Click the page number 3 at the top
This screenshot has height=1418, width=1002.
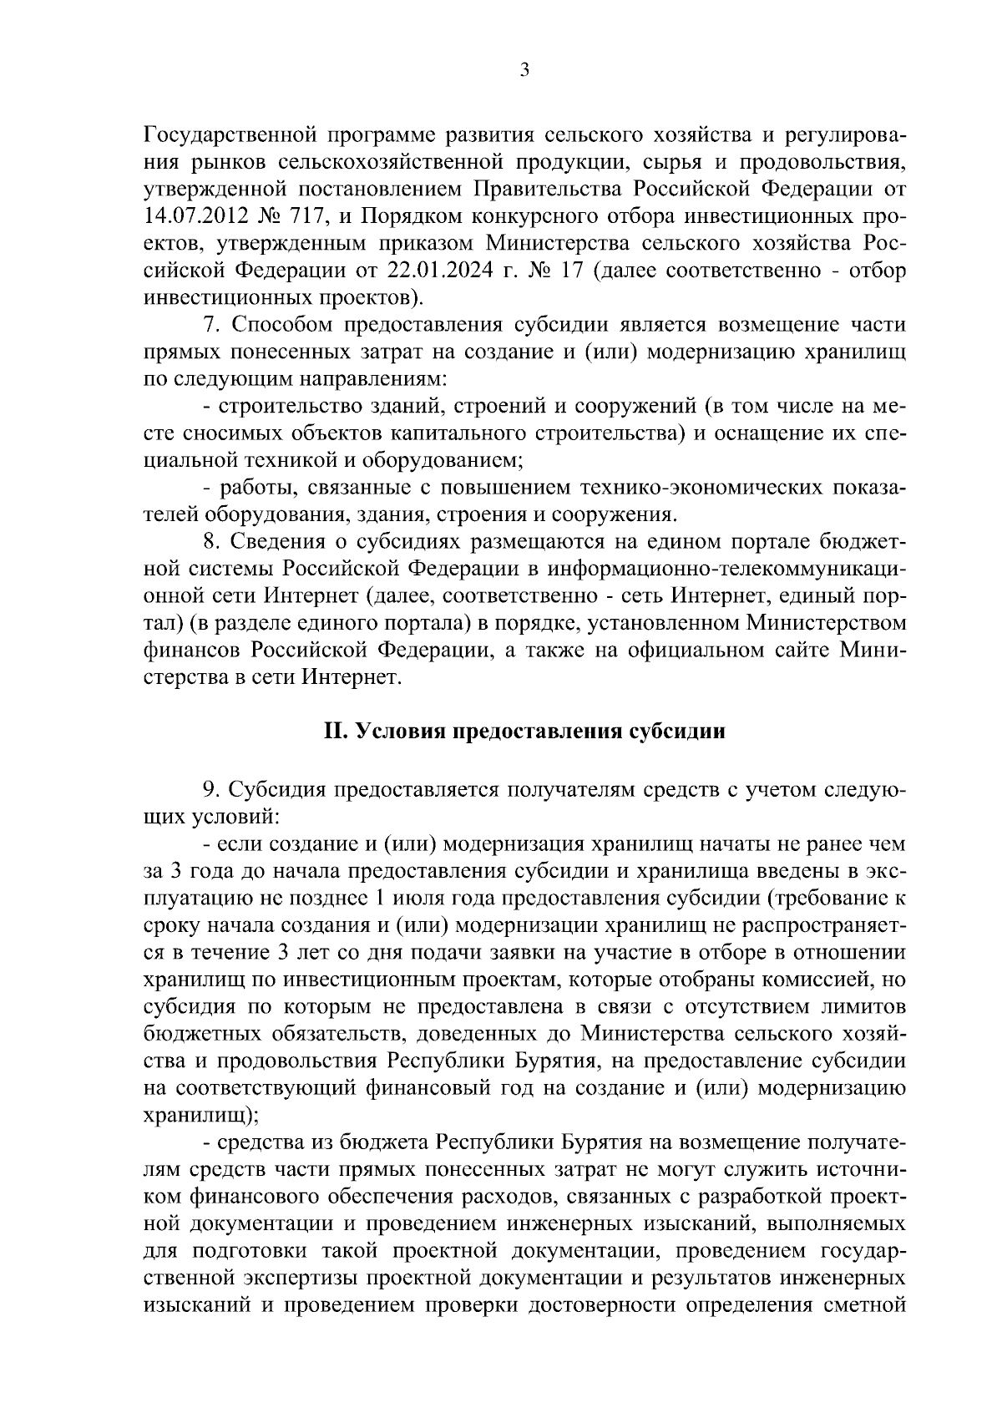click(x=524, y=72)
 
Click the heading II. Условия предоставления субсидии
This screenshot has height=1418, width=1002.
click(x=524, y=732)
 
